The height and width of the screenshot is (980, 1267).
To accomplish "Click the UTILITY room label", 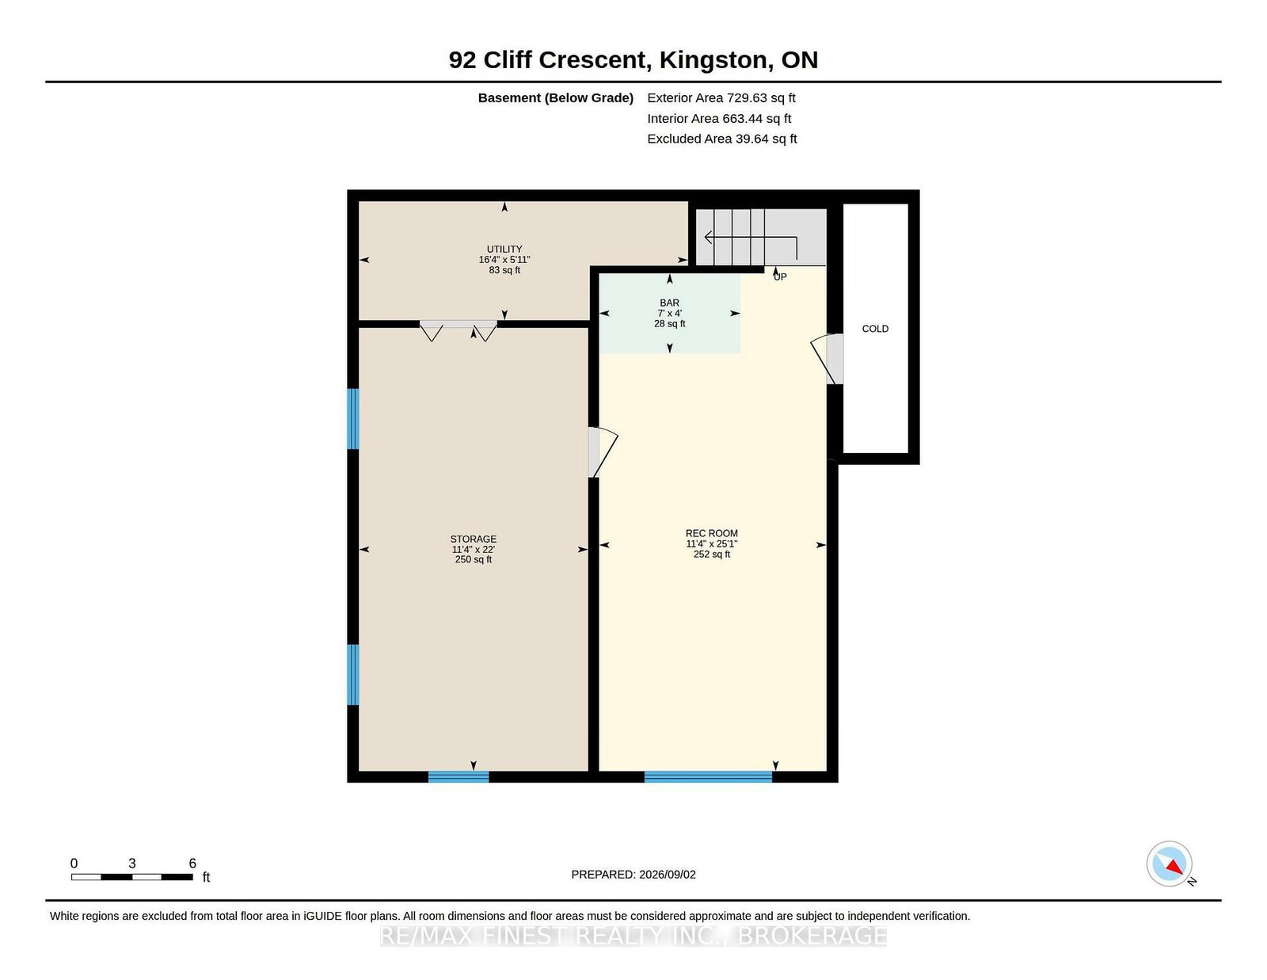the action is (x=504, y=249).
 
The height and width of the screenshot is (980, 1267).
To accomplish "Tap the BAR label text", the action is (x=669, y=303).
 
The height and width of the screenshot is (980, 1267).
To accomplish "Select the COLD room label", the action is (x=875, y=329).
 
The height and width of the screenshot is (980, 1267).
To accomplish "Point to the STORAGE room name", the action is (x=473, y=539).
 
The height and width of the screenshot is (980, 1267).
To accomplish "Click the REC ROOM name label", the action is (x=711, y=533).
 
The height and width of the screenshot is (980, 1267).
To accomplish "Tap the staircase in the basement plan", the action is (x=761, y=238).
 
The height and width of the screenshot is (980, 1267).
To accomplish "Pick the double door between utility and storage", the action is (x=458, y=330).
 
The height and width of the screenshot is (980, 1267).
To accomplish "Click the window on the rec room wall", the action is (x=708, y=776).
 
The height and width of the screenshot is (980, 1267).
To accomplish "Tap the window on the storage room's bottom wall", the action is (x=458, y=776).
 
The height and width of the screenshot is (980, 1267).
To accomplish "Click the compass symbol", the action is (x=1169, y=864).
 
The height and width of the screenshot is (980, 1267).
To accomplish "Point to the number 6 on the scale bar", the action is (x=192, y=863).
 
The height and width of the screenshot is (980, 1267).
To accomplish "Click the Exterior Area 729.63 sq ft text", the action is (x=721, y=98).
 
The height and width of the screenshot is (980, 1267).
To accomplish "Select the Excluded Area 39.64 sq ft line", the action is (x=722, y=139).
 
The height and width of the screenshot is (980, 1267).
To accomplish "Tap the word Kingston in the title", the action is (x=713, y=60).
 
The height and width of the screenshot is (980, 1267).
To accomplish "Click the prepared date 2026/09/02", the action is (x=667, y=875).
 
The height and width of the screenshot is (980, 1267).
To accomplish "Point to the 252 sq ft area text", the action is (x=711, y=554).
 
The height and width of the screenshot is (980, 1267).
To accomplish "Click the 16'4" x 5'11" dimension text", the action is (x=504, y=260).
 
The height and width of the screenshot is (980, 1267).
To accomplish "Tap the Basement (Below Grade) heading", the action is (x=556, y=98).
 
